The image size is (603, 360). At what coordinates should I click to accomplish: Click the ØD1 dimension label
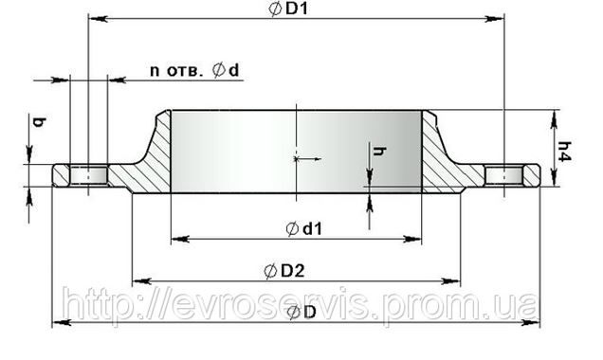pos(289,9)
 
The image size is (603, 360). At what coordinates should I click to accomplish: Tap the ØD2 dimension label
pos(284,271)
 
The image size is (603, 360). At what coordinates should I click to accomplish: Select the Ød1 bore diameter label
pos(303,229)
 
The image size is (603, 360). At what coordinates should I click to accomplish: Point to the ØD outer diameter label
pos(302,313)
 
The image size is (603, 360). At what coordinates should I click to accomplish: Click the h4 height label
pos(564,152)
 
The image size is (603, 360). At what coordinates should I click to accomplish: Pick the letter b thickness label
pos(39,122)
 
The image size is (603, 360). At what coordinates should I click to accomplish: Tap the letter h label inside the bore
pos(379,151)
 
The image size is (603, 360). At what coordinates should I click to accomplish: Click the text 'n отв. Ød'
pos(194,70)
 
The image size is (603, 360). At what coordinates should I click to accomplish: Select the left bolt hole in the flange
pos(89,176)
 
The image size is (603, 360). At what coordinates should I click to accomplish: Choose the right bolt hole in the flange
pos(503,176)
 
